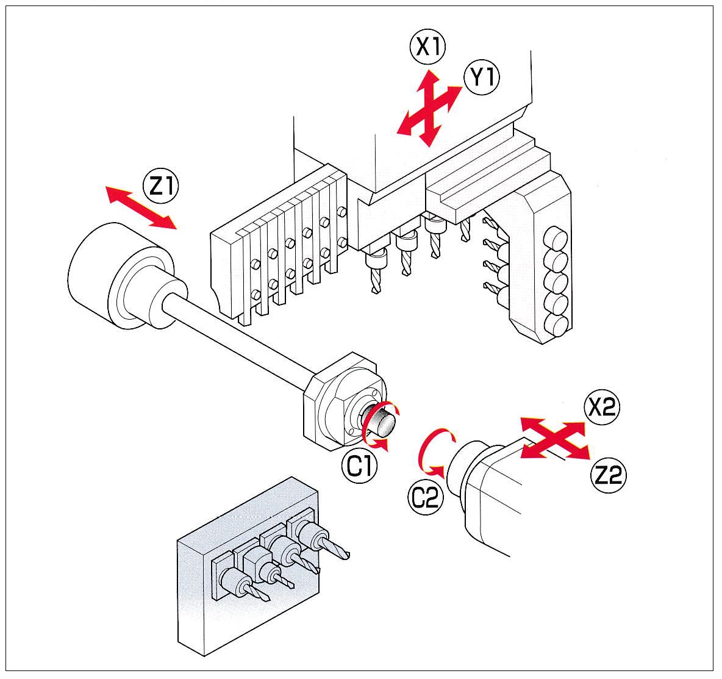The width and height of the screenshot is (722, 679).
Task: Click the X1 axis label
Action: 429,47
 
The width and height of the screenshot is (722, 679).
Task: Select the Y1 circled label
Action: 481,79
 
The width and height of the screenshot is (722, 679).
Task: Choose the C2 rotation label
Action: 424,498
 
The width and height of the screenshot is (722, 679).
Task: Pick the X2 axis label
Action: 601,408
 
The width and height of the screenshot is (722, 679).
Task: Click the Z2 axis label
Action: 609,475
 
